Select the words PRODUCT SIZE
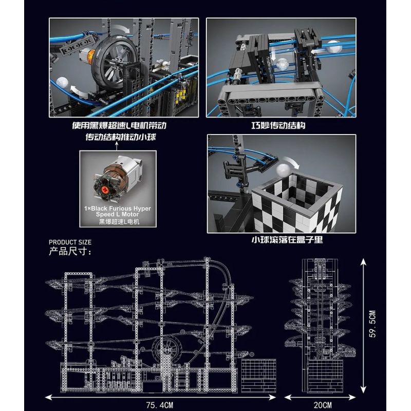pos(70,242)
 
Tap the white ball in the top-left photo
pos(63,82)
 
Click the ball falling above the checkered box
pos(282,172)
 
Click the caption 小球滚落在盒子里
pos(283,240)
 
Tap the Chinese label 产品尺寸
pos(70,252)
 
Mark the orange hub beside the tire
pos(91,53)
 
